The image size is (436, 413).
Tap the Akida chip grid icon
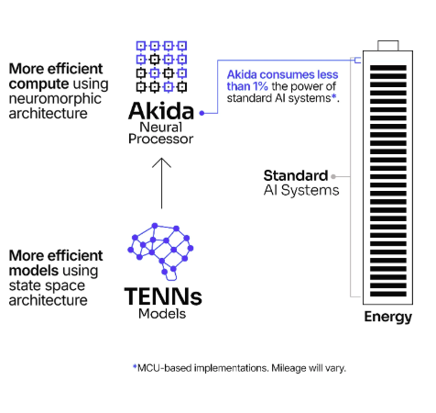click(161, 66)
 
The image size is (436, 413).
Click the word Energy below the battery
click(387, 318)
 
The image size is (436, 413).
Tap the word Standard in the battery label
click(295, 175)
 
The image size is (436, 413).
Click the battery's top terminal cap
click(387, 47)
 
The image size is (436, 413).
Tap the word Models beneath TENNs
click(162, 314)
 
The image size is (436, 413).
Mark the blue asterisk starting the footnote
click(135, 366)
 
